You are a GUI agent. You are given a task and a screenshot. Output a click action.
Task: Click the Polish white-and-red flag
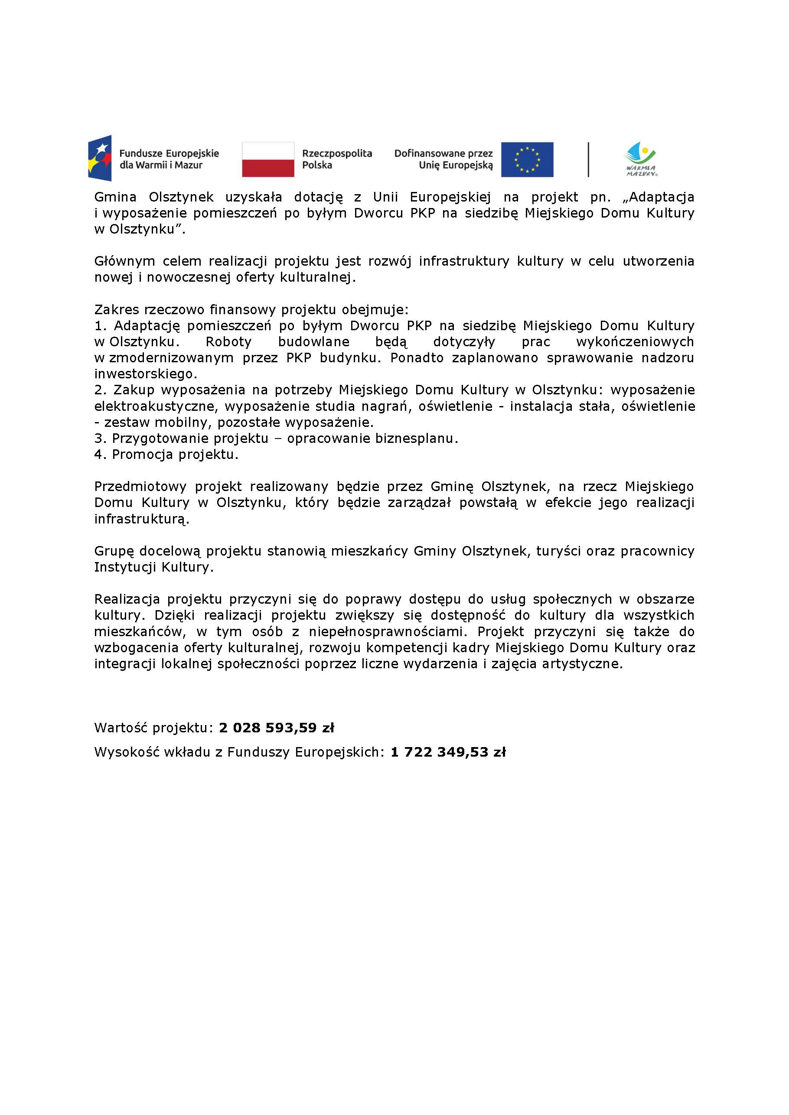[x=268, y=159]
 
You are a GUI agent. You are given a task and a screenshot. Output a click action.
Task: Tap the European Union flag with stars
[x=527, y=159]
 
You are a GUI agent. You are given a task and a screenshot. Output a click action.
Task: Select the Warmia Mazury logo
[x=640, y=159]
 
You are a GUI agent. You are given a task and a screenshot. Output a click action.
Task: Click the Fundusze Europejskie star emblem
[x=100, y=158]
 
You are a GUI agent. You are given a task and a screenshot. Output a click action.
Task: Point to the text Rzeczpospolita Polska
[x=337, y=159]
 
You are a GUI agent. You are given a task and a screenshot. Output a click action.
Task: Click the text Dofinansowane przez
[x=443, y=153]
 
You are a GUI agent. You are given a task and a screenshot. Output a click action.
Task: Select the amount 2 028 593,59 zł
[x=277, y=728]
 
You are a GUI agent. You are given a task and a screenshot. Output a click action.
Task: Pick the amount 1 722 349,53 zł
[x=448, y=752]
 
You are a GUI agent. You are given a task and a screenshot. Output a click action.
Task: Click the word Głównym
[x=124, y=262]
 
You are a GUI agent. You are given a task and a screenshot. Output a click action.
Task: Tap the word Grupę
[x=114, y=551]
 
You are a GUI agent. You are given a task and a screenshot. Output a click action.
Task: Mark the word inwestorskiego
[x=145, y=374]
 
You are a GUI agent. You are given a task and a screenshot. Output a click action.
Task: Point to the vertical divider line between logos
[x=588, y=159]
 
